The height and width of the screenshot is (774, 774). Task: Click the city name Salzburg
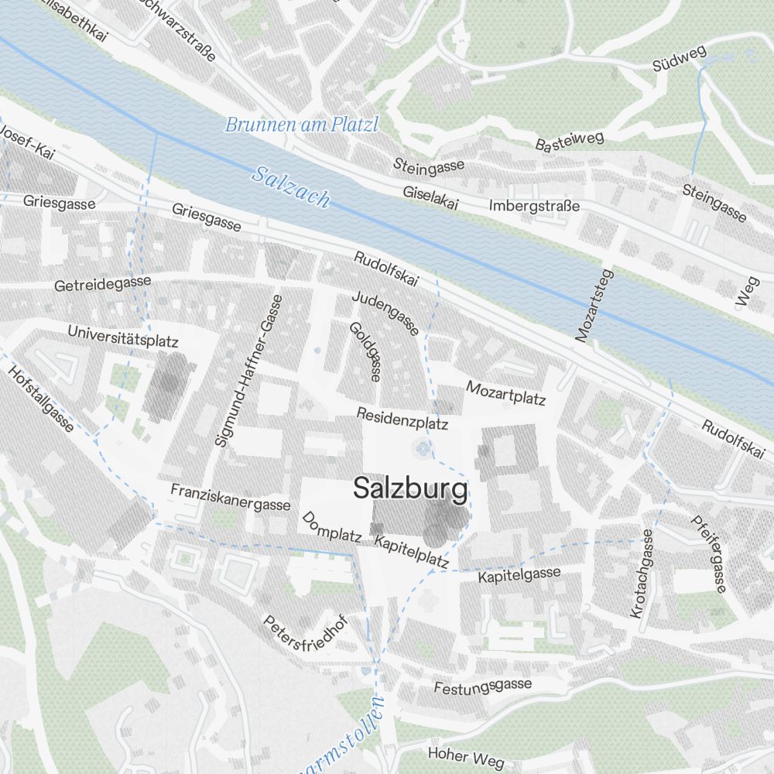click(410, 488)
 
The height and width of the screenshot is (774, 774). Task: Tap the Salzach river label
click(291, 187)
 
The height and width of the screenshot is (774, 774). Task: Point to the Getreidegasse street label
click(102, 284)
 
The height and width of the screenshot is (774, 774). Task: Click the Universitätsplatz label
click(123, 335)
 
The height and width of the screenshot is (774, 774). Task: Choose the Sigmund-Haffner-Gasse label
click(248, 370)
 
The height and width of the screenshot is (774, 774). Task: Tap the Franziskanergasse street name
click(230, 498)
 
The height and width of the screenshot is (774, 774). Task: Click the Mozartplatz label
click(505, 392)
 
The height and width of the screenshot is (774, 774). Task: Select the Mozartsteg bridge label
click(594, 306)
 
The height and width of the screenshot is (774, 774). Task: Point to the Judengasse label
click(385, 313)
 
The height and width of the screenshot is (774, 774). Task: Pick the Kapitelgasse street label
click(519, 574)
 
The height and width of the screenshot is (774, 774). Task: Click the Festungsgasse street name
click(482, 686)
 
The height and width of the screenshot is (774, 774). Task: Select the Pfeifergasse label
click(708, 554)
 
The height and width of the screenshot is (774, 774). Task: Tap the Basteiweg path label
click(569, 140)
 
